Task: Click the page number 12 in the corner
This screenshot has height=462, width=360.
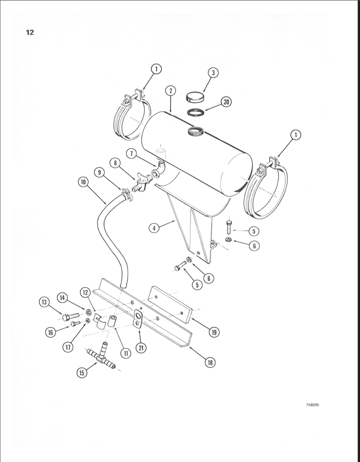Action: coord(30,33)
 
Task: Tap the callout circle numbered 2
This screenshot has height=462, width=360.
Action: coord(170,91)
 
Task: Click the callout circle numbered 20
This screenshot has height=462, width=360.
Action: coord(226,102)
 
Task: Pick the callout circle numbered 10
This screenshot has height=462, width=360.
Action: coord(83,182)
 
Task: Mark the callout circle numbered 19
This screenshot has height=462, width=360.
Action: coord(212,332)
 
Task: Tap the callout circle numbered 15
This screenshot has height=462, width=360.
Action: coord(81,373)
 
